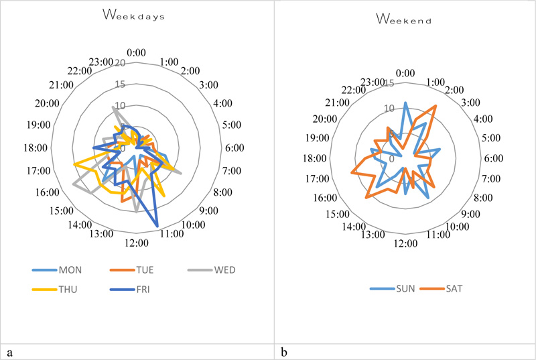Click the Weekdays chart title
coord(137,15)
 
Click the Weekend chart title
coord(403,20)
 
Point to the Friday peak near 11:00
coord(158,227)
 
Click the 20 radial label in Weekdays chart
coord(121,63)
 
